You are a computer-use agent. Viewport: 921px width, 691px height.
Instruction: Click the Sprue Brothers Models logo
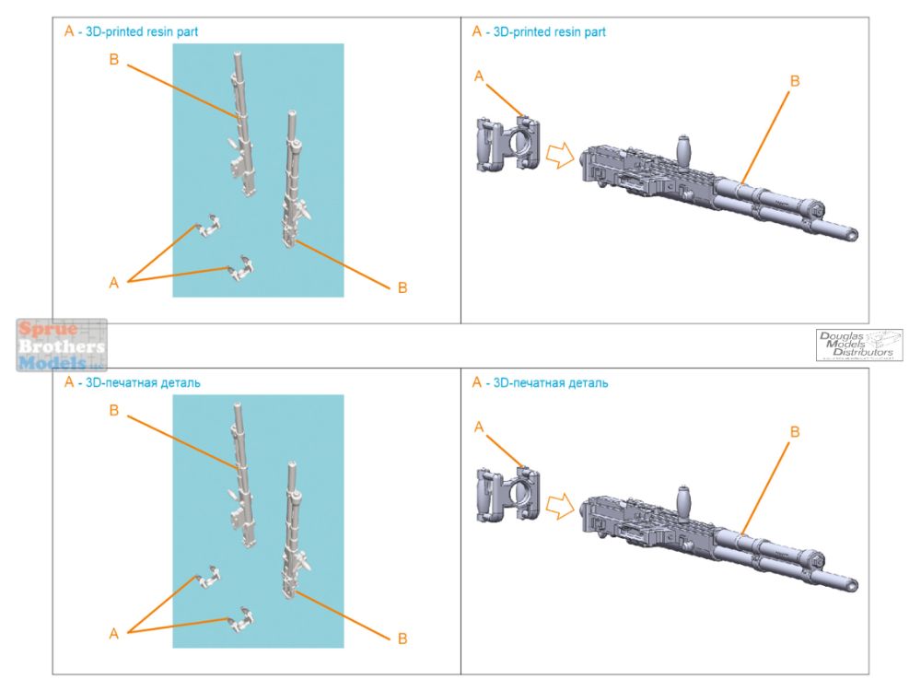pyautogui.click(x=62, y=345)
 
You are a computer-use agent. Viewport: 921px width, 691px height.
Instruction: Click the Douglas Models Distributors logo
pyautogui.click(x=858, y=345)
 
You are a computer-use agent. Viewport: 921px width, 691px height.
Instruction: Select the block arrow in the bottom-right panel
pyautogui.click(x=558, y=504)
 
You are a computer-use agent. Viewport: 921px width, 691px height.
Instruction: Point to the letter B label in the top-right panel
pyautogui.click(x=795, y=82)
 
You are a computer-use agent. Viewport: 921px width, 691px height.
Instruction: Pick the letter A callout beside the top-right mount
pyautogui.click(x=479, y=76)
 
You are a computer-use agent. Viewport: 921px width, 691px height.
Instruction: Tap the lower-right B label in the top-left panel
pyautogui.click(x=402, y=288)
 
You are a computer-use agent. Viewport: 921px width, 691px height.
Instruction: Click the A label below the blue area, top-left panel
pyautogui.click(x=114, y=283)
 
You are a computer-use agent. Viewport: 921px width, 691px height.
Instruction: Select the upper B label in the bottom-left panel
pyautogui.click(x=114, y=411)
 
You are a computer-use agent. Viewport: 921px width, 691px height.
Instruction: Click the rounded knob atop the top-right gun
pyautogui.click(x=684, y=146)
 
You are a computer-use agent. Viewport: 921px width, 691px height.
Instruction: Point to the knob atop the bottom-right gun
pyautogui.click(x=684, y=496)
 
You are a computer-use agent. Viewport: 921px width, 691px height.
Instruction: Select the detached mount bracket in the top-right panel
pyautogui.click(x=507, y=145)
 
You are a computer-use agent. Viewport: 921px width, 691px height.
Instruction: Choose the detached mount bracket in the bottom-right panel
pyautogui.click(x=507, y=495)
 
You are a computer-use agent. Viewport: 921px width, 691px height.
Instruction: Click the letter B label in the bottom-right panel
pyautogui.click(x=795, y=431)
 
